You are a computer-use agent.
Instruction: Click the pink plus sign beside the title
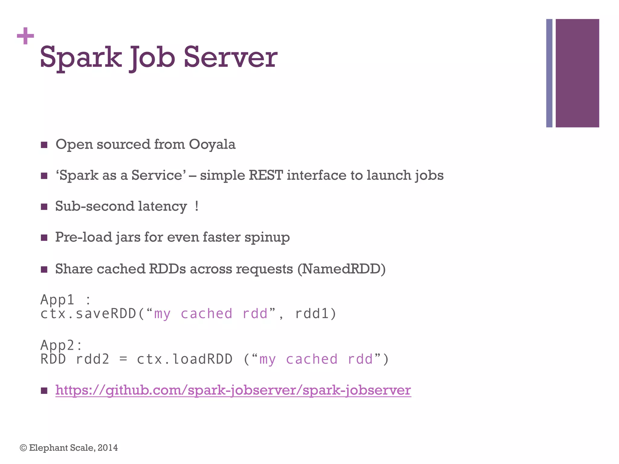pos(25,36)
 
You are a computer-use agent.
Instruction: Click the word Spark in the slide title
pos(81,57)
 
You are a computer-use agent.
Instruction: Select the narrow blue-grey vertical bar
pos(549,73)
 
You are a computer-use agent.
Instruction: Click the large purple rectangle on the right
pos(577,73)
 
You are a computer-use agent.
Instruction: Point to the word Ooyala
pos(212,144)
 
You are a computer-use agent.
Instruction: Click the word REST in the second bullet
pos(265,176)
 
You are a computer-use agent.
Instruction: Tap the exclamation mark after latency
pos(197,206)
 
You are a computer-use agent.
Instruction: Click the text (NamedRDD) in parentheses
pos(341,269)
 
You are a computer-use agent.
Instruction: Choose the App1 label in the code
pos(57,300)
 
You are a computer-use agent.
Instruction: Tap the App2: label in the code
pos(61,345)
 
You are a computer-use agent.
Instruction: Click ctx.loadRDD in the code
pos(184,359)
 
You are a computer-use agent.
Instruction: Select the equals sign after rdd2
pos(123,359)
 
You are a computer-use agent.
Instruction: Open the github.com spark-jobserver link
pos(233,390)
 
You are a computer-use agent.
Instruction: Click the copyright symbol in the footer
pos(23,448)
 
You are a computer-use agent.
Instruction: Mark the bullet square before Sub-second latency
pos(44,207)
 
